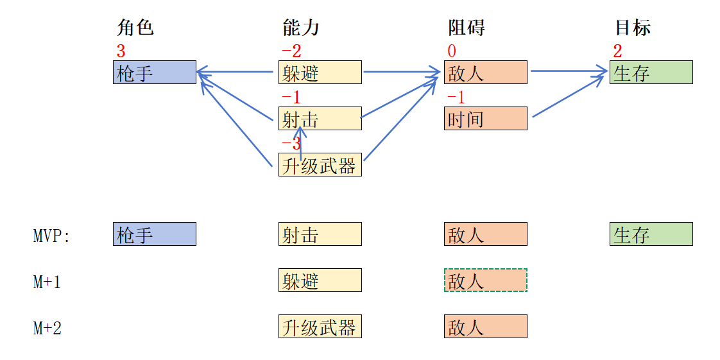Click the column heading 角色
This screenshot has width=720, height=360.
pyautogui.click(x=135, y=28)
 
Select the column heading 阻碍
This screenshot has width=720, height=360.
pyautogui.click(x=466, y=28)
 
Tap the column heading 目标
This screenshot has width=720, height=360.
pyautogui.click(x=633, y=28)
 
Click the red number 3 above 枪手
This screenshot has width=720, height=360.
pyautogui.click(x=121, y=51)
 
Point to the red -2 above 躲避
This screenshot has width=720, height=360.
pyautogui.click(x=291, y=51)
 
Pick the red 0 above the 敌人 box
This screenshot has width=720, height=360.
pyautogui.click(x=451, y=51)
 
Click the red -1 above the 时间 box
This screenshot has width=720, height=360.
pyautogui.click(x=456, y=98)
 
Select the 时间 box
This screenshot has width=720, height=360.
pyautogui.click(x=485, y=119)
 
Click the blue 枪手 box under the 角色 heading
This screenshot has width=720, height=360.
pyautogui.click(x=154, y=73)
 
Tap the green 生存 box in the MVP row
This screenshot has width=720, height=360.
pyautogui.click(x=651, y=234)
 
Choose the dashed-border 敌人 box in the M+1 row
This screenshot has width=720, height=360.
pyautogui.click(x=485, y=280)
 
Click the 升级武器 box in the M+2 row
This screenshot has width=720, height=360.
pyautogui.click(x=320, y=327)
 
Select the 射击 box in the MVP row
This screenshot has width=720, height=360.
pyautogui.click(x=320, y=234)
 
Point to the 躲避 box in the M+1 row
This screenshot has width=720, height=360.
pyautogui.click(x=320, y=280)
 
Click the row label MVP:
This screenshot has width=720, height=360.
pyautogui.click(x=51, y=236)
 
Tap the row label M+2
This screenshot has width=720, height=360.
pyautogui.click(x=47, y=329)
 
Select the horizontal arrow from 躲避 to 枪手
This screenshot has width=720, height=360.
pyautogui.click(x=236, y=72)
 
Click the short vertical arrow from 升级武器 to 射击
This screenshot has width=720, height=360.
pyautogui.click(x=301, y=142)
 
